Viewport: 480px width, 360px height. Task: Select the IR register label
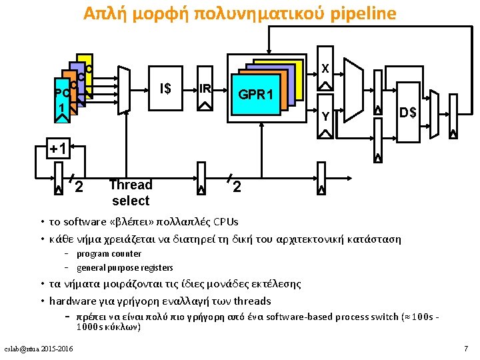[x=205, y=89]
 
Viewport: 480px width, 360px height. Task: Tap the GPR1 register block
[x=256, y=94]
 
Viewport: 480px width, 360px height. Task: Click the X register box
[x=325, y=68]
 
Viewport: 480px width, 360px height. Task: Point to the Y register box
[x=325, y=114]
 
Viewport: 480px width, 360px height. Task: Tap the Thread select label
[x=131, y=193]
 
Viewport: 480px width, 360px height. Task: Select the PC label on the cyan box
[x=61, y=92]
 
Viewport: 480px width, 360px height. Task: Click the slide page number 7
[x=466, y=349]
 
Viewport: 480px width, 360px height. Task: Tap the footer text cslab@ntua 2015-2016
[x=39, y=349]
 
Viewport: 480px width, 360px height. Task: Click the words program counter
[x=109, y=253]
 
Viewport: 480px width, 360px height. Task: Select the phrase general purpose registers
[x=125, y=267]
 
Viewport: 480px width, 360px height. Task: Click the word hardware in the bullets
[x=71, y=301]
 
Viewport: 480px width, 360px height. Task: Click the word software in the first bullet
[x=83, y=222]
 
